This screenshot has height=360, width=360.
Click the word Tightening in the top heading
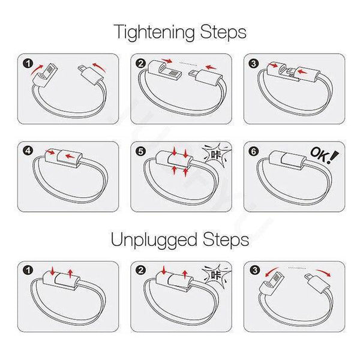click(154, 33)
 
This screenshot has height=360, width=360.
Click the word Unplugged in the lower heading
click(154, 241)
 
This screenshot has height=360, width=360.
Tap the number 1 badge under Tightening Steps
click(28, 64)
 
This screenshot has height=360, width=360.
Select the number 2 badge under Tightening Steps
click(141, 64)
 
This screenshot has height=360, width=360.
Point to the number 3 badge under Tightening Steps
click(254, 64)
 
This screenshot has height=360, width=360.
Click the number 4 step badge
click(28, 151)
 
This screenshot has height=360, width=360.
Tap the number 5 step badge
click(141, 151)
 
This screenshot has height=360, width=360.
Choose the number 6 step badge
click(254, 151)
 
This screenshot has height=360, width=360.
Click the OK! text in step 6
click(324, 155)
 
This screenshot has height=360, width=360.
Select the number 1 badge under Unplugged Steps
click(28, 270)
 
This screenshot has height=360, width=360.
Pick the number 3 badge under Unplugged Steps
click(254, 270)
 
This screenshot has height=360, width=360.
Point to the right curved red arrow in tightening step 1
click(100, 66)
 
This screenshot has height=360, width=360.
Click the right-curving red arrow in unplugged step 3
click(324, 272)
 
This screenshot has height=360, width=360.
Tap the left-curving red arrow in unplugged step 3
click(271, 271)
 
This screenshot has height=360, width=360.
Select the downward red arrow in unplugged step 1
click(53, 271)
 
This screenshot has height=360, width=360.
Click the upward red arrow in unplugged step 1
click(70, 273)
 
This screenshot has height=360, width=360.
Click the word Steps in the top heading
click(223, 32)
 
